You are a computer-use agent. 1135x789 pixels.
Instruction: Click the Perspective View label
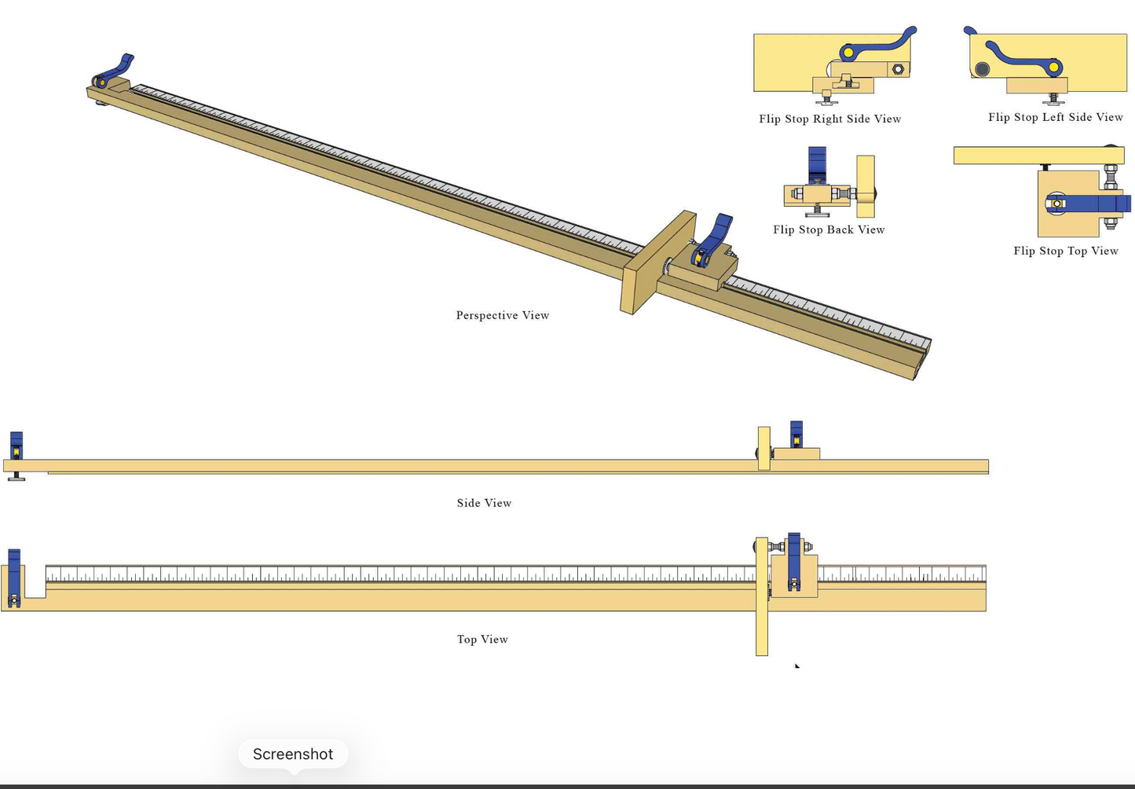[x=503, y=315]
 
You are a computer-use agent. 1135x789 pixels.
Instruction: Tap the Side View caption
[x=484, y=503]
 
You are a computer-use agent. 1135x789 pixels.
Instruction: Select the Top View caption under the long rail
[x=482, y=640]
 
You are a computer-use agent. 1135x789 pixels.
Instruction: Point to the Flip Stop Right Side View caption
[x=830, y=119]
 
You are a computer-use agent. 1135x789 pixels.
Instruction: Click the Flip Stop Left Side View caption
[x=1056, y=117]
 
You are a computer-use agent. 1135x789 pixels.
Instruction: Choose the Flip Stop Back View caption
[x=829, y=229]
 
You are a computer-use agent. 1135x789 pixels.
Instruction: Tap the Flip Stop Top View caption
[x=1066, y=251]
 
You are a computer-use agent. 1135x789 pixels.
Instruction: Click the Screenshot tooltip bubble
[x=293, y=754]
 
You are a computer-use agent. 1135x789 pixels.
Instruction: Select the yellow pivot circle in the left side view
[x=1054, y=68]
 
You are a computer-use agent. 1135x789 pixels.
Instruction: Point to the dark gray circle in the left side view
[x=982, y=69]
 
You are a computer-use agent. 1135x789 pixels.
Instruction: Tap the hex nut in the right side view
[x=898, y=68]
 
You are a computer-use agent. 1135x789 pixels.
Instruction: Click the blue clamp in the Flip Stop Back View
[x=817, y=165]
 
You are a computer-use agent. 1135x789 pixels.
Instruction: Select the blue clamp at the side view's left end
[x=16, y=446]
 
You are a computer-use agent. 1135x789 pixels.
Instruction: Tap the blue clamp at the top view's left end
[x=14, y=578]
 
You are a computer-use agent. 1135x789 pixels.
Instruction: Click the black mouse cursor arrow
[x=797, y=666]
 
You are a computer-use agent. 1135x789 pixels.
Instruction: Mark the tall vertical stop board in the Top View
[x=762, y=596]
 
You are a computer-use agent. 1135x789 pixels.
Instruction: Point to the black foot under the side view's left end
[x=16, y=477]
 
